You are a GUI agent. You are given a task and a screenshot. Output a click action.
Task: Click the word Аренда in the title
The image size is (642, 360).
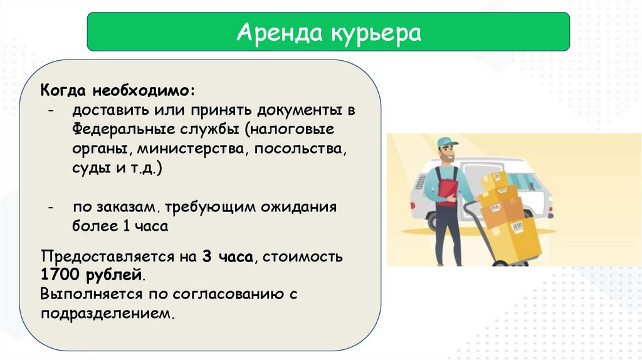click(280, 33)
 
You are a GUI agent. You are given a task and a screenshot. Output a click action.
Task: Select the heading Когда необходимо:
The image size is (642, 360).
click(117, 90)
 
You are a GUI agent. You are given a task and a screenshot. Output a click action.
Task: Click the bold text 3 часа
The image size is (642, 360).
click(227, 257)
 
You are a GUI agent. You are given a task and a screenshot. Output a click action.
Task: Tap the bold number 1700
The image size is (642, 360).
click(60, 274)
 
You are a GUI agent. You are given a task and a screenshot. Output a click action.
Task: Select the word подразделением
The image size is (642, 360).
click(107, 314)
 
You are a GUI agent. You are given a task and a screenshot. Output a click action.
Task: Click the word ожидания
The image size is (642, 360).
click(298, 207)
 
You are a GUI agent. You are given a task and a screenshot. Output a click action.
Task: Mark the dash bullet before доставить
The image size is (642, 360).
click(50, 110)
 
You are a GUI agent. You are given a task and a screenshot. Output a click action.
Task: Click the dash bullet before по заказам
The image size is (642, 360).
click(50, 207)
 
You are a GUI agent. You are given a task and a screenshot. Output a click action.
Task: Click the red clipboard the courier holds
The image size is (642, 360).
click(448, 192)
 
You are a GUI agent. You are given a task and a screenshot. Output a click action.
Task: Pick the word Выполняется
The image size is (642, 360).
click(92, 294)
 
